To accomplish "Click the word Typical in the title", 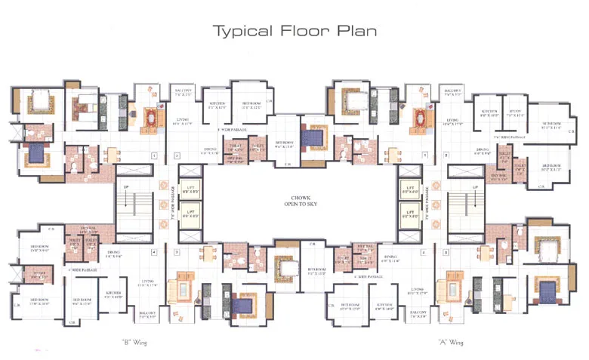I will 241,31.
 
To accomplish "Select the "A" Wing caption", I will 451,342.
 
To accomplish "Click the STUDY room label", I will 516,114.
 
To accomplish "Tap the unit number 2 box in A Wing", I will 447,156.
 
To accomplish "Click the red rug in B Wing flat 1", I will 153,118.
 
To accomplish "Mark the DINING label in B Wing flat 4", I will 113,254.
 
